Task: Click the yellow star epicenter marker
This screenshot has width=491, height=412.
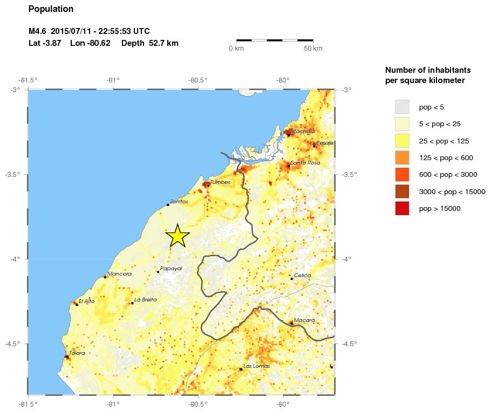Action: pyautogui.click(x=177, y=236)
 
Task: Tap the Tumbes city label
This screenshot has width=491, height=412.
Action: pyautogui.click(x=220, y=182)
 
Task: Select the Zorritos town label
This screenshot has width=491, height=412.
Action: pyautogui.click(x=179, y=202)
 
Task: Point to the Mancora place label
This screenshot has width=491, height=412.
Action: pyautogui.click(x=119, y=274)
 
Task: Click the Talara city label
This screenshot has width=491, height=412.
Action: pyautogui.click(x=77, y=353)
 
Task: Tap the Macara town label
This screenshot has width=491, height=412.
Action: pyautogui.click(x=304, y=320)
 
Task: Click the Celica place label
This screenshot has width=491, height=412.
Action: pyautogui.click(x=302, y=276)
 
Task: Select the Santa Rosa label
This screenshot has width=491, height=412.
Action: pyautogui.click(x=305, y=163)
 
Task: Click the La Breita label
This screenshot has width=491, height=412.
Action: pyautogui.click(x=145, y=300)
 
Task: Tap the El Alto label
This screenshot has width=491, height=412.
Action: pyautogui.click(x=86, y=301)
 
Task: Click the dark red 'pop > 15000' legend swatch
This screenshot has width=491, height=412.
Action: pyautogui.click(x=402, y=208)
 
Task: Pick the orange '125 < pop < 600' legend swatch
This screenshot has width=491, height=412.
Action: pyautogui.click(x=402, y=157)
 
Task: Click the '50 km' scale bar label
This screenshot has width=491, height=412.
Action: pyautogui.click(x=313, y=49)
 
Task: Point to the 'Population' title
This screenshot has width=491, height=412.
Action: pyautogui.click(x=51, y=9)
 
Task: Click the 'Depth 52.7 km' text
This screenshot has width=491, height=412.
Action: pyautogui.click(x=149, y=43)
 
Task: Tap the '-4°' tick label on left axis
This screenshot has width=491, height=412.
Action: pyautogui.click(x=16, y=259)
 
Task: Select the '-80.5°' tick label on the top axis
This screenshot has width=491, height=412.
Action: pyautogui.click(x=198, y=81)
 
